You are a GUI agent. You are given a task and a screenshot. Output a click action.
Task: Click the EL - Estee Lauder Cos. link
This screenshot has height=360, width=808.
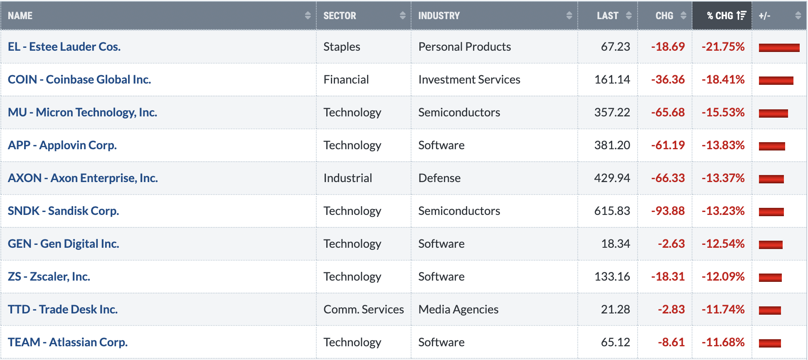click(x=64, y=47)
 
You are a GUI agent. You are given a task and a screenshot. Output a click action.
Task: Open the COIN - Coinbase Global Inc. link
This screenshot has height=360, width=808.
click(x=79, y=79)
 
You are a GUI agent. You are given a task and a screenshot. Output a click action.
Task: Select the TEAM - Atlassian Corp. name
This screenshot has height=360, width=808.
click(x=68, y=342)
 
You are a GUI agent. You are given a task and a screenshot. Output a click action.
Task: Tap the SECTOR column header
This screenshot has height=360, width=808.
click(x=340, y=16)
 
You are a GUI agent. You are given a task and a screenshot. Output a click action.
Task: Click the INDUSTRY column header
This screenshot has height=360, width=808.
click(x=439, y=16)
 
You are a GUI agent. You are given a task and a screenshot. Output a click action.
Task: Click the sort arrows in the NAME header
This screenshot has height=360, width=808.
click(x=308, y=16)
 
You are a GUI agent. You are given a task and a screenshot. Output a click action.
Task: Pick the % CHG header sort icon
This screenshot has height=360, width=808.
click(x=741, y=16)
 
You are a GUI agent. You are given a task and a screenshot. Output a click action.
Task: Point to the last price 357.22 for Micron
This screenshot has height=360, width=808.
click(x=612, y=112)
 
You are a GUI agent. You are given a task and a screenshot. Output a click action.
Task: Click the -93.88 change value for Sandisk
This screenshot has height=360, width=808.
click(x=668, y=211)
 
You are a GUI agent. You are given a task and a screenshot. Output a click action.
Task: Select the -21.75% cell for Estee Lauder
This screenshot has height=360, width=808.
click(x=723, y=47)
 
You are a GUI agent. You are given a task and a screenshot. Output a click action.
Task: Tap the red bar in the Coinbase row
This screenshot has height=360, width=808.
click(x=776, y=80)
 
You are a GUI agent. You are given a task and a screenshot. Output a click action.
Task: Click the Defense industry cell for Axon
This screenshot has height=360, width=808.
click(x=439, y=178)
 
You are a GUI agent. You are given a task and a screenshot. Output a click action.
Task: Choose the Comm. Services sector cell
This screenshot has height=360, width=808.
click(x=364, y=309)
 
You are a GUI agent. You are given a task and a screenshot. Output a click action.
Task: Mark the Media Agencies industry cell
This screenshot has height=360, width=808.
click(x=458, y=309)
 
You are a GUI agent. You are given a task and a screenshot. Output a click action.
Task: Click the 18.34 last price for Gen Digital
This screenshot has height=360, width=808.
click(x=616, y=244)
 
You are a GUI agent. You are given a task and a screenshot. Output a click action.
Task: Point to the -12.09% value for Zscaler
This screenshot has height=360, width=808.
click(x=723, y=276)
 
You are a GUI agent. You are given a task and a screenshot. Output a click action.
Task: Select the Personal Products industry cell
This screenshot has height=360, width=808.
click(x=465, y=47)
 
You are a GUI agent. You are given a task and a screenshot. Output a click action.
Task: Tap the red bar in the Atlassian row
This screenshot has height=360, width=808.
click(x=770, y=343)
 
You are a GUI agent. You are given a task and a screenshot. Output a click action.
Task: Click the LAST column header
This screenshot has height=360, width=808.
click(x=608, y=16)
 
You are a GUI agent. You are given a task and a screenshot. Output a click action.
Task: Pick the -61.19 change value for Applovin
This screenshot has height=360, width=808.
click(x=668, y=145)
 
